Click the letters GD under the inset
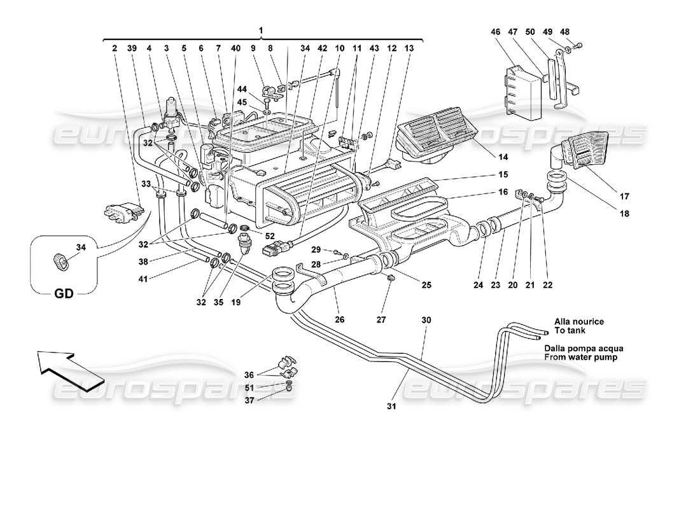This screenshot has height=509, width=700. pos(64,294)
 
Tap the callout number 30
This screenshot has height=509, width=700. pos(426,321)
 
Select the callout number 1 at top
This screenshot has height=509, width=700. pos(261,30)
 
